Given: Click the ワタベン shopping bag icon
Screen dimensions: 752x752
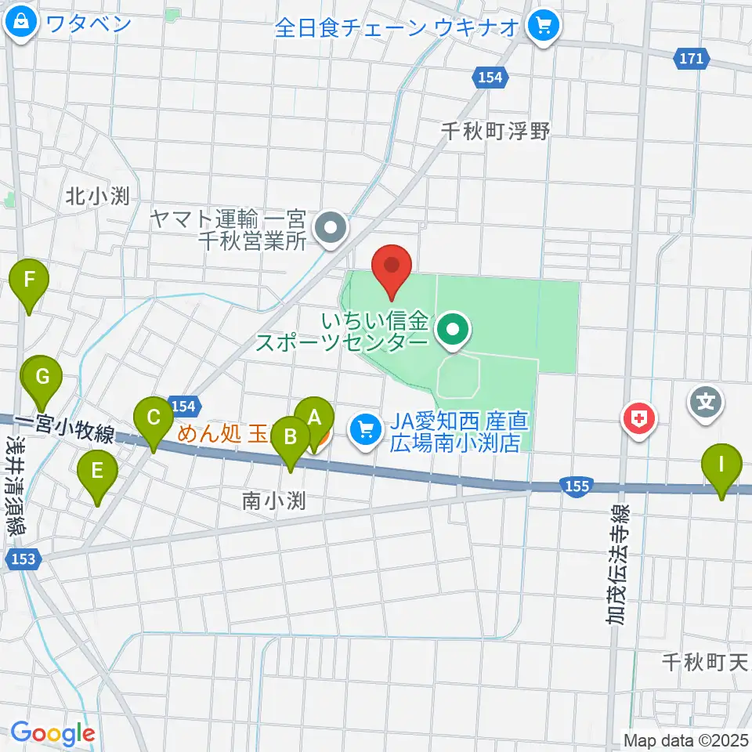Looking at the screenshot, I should (x=20, y=23).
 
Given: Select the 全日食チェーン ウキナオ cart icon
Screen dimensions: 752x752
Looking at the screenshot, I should (x=542, y=27).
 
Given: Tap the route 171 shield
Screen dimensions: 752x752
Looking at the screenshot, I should (x=691, y=57).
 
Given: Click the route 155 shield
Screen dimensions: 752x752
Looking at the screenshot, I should (x=576, y=486).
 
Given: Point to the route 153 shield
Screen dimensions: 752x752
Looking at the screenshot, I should (x=21, y=559).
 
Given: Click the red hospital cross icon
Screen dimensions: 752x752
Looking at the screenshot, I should (x=639, y=418).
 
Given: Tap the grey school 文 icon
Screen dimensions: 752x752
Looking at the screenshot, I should (x=706, y=403).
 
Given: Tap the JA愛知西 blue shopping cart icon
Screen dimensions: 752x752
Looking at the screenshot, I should (x=364, y=428).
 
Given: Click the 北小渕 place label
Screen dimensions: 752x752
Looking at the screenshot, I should (x=98, y=196).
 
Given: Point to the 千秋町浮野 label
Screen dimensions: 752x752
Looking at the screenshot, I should (x=496, y=131).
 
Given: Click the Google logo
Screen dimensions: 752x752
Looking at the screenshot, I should (x=52, y=734).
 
